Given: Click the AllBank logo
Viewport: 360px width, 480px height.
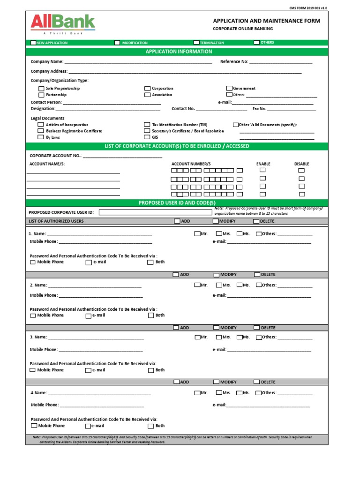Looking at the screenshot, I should [63, 23].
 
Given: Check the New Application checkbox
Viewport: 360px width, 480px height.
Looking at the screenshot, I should [33, 43].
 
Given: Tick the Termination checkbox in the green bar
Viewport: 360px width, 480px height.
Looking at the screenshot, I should [197, 43].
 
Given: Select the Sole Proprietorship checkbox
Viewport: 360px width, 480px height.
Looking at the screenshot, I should [41, 89].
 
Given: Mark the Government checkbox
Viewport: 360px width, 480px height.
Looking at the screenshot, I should [230, 88].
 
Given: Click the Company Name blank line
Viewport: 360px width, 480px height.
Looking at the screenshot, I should [138, 62].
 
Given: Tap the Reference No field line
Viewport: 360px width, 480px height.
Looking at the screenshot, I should [280, 62].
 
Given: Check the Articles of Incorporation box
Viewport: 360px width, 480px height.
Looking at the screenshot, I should [41, 125].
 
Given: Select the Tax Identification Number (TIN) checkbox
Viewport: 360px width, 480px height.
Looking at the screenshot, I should [147, 125].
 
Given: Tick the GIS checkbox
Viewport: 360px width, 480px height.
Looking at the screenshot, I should [147, 137].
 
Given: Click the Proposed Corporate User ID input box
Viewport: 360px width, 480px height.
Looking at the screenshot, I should [155, 212].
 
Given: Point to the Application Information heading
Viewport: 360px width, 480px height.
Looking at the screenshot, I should [179, 52].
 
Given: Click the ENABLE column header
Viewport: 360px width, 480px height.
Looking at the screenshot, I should [263, 164].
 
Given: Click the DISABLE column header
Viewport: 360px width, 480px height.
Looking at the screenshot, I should [301, 164].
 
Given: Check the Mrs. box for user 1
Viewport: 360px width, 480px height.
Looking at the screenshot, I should [219, 233].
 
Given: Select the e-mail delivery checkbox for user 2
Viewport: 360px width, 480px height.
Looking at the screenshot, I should [89, 315].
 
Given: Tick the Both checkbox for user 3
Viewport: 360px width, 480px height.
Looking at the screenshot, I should [151, 370].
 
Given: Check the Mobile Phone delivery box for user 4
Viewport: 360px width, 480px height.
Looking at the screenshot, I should [34, 426].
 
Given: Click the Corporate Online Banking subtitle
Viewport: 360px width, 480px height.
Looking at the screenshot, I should [243, 29].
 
